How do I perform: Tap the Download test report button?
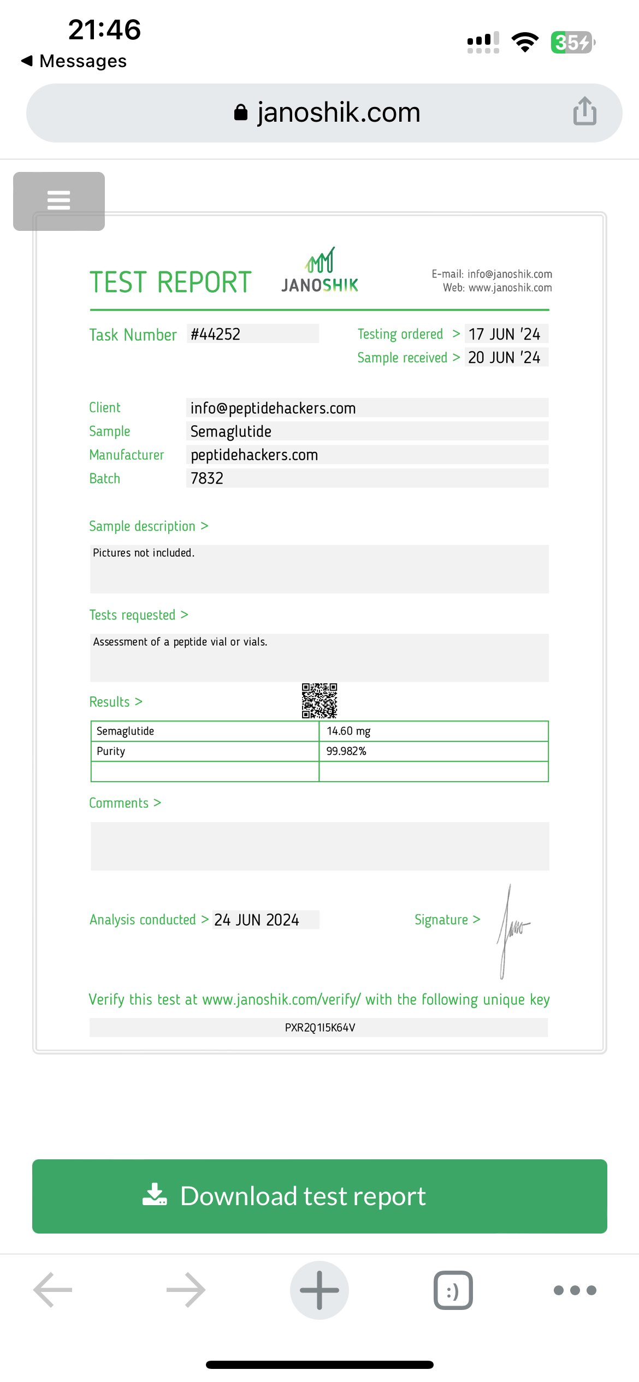(319, 1196)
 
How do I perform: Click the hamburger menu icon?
(59, 201)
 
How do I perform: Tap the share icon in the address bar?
(584, 111)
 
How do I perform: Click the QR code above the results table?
(319, 700)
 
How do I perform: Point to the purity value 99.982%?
(346, 752)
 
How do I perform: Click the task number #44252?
(216, 334)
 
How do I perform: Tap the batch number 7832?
(207, 479)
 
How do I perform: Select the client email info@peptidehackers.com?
(273, 408)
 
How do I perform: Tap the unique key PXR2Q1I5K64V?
(320, 1028)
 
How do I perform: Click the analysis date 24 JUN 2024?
(257, 920)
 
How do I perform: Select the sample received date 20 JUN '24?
(504, 358)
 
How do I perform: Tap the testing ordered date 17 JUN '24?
(504, 334)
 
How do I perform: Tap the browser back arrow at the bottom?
(53, 1290)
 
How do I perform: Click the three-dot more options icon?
(575, 1290)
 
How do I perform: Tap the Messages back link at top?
(74, 61)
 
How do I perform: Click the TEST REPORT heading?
(170, 282)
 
